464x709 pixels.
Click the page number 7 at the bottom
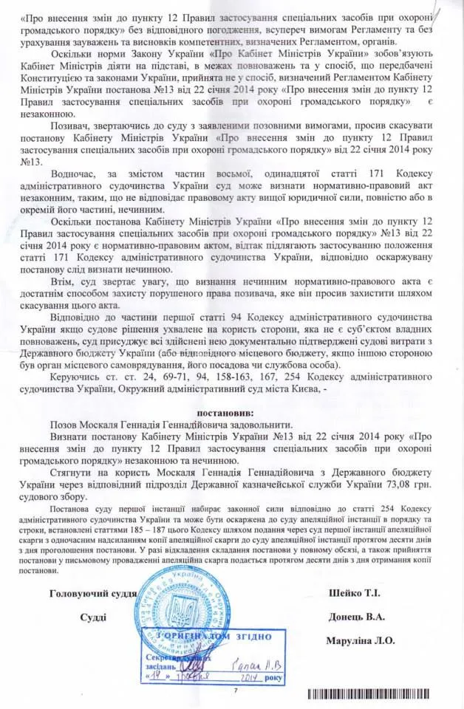236,691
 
